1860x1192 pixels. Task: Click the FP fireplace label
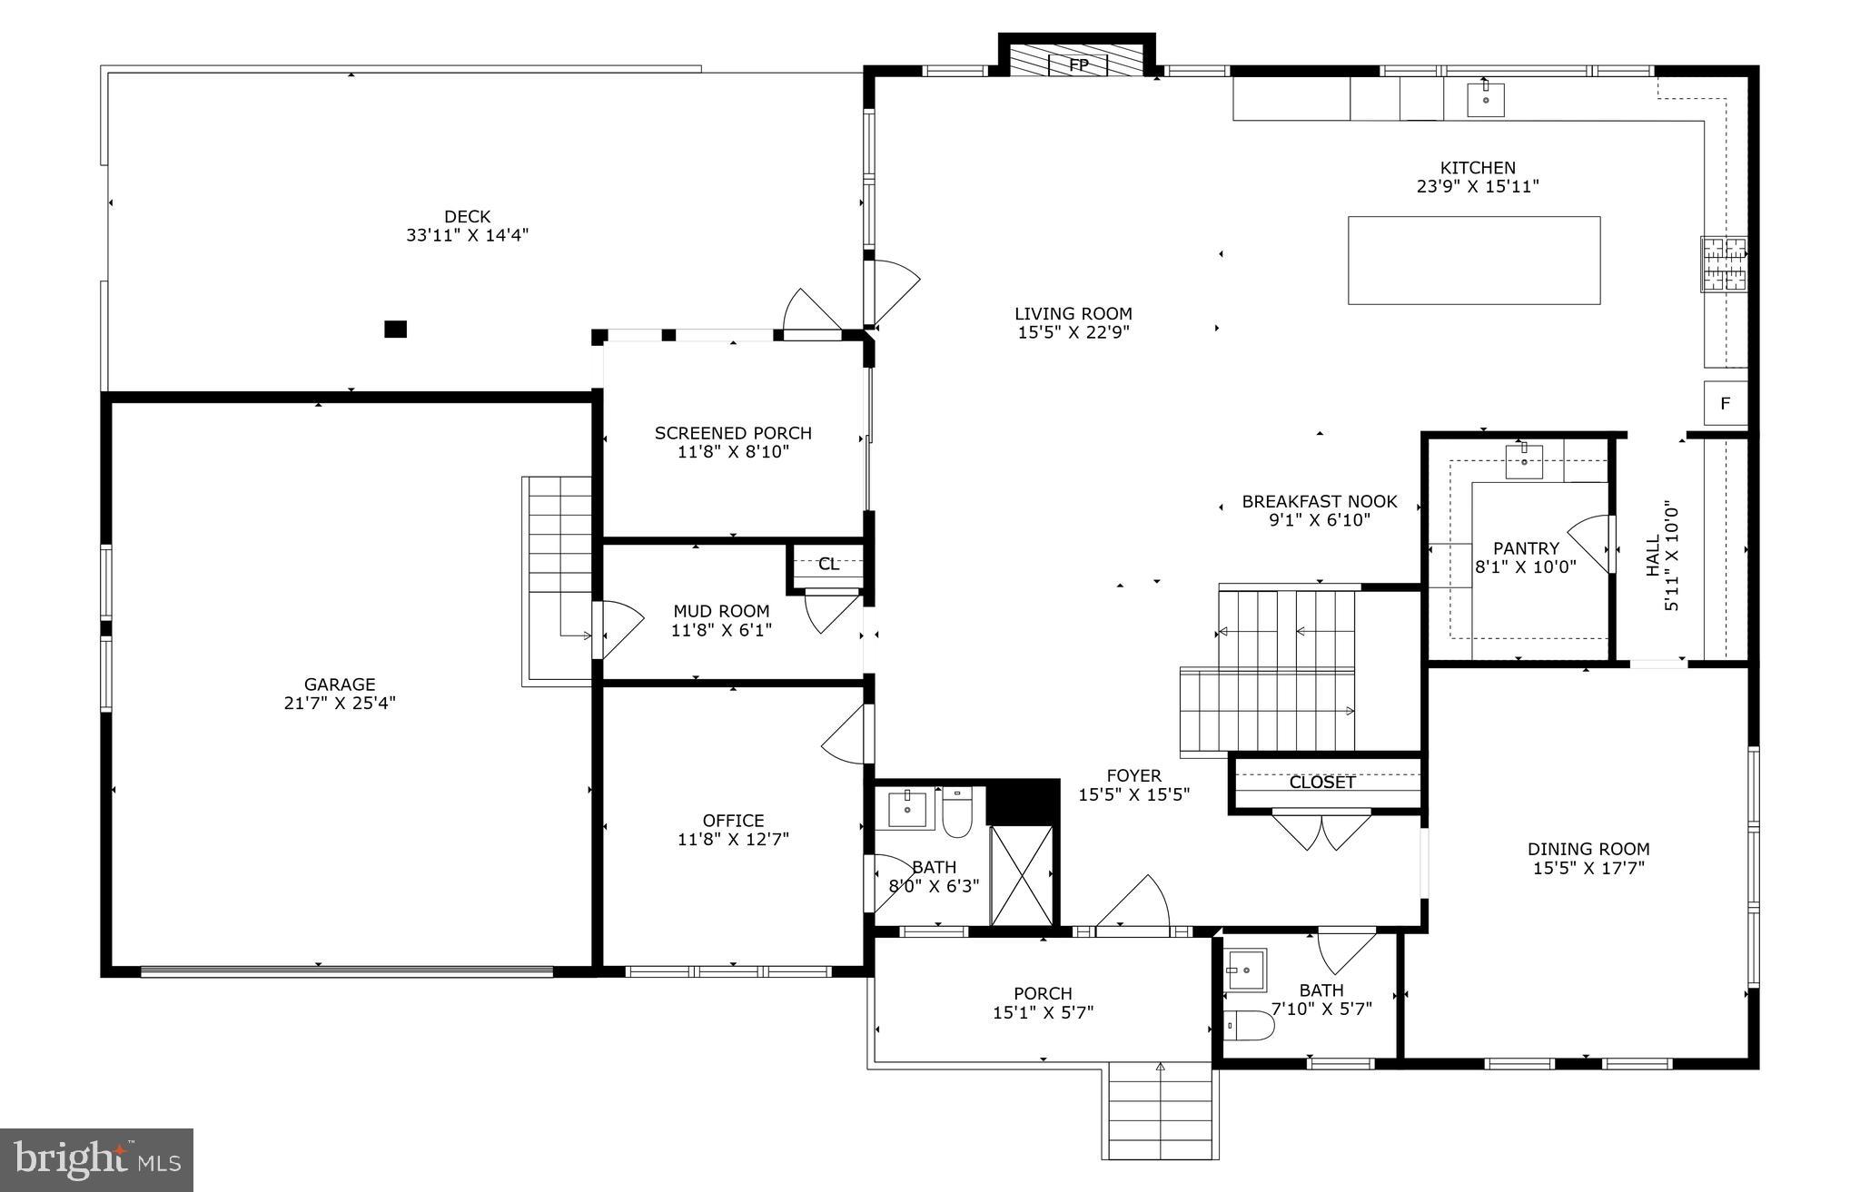[x=1078, y=65]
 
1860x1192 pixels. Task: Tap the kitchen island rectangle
[x=1473, y=260]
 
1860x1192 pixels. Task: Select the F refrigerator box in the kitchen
[x=1725, y=404]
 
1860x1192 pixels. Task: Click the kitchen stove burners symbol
[x=1723, y=264]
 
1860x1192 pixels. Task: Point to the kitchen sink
[x=1485, y=99]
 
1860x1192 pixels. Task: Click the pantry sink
[x=1524, y=461]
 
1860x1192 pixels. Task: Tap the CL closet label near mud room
[x=827, y=565]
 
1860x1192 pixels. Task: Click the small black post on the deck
[x=395, y=330]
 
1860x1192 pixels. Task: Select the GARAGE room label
[x=340, y=685]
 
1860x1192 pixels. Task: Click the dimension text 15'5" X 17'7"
[x=1588, y=868]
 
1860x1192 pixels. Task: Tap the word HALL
[x=1653, y=555]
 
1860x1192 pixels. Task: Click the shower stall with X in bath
[x=1021, y=875]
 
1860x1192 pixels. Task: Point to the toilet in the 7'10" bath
[x=1249, y=1025]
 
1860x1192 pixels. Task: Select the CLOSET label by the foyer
[x=1321, y=783]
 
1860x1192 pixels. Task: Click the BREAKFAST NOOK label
[x=1319, y=501]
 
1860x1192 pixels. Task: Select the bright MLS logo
[x=96, y=1159]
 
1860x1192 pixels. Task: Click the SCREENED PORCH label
[x=733, y=433]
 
